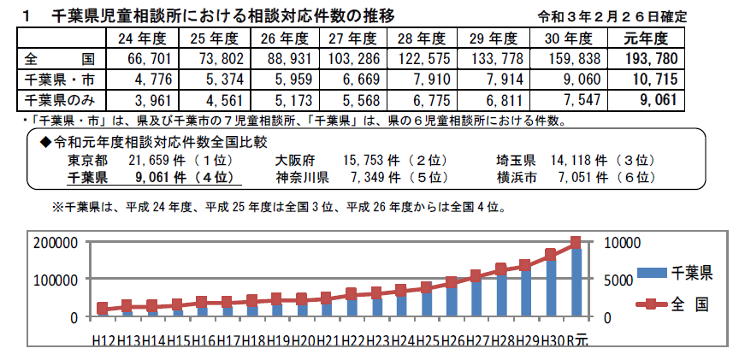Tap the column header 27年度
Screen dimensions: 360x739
pyautogui.click(x=352, y=38)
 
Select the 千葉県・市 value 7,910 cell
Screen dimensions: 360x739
pyautogui.click(x=422, y=80)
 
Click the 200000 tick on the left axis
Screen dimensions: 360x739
pyautogui.click(x=56, y=242)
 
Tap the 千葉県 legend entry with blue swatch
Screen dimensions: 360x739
pyautogui.click(x=675, y=274)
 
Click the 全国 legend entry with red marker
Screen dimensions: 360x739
pyautogui.click(x=675, y=304)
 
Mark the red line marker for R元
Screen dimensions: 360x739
pyautogui.click(x=575, y=243)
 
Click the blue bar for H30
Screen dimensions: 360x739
pyautogui.click(x=551, y=286)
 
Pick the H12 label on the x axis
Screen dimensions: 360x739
pyautogui.click(x=103, y=340)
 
